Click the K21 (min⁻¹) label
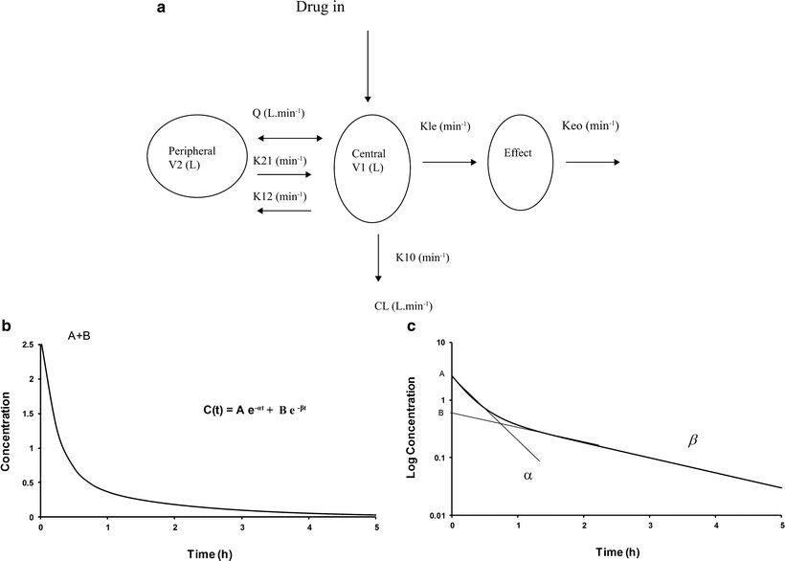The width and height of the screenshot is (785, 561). click(280, 158)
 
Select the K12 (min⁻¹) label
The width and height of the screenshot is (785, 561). click(280, 195)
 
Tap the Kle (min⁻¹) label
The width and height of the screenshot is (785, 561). click(444, 126)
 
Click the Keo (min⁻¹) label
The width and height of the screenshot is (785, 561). click(590, 125)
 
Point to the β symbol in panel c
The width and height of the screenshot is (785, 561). click(693, 440)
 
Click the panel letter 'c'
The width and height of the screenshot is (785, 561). click(411, 326)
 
